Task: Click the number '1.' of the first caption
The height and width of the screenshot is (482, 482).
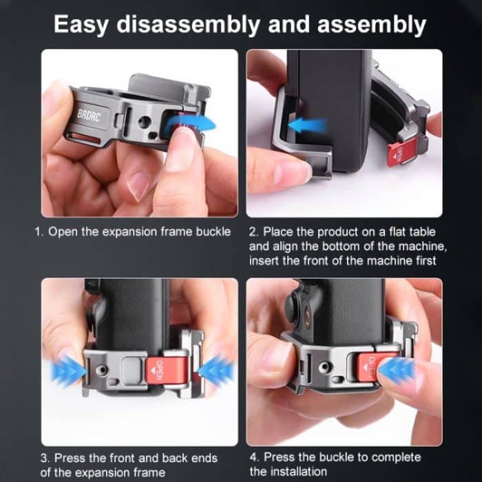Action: click(40, 232)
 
